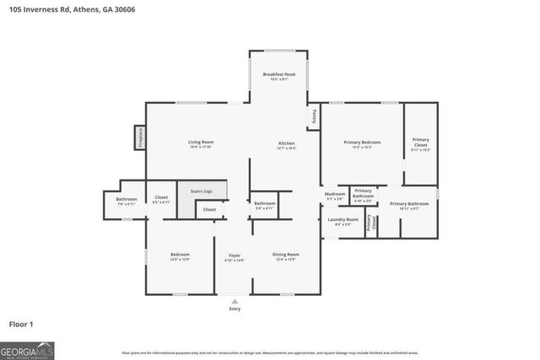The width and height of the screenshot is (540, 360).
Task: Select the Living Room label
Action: (x=201, y=142)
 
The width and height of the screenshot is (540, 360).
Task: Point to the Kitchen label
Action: (x=287, y=143)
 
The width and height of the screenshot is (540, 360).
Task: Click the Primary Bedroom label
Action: (x=362, y=142)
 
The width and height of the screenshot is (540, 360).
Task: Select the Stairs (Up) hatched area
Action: (x=201, y=192)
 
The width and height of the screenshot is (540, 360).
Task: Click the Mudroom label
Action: (x=335, y=195)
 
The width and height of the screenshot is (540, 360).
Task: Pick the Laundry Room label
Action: (x=343, y=220)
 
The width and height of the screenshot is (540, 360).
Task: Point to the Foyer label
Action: (x=235, y=255)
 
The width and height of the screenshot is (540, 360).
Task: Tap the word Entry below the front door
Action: (x=235, y=309)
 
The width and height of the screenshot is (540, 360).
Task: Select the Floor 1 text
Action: (x=21, y=323)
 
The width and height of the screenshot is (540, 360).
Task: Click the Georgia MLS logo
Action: (x=27, y=348)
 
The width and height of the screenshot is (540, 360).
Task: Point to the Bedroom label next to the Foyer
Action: (x=179, y=255)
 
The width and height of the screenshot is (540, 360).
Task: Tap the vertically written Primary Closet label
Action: (x=370, y=227)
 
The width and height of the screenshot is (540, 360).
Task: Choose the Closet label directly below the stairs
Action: (x=209, y=209)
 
